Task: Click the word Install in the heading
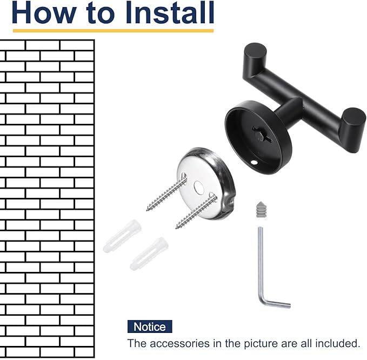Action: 170,12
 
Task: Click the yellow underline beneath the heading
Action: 113,31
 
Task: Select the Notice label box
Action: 150,326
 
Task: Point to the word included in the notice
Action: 337,343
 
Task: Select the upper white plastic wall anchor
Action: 122,236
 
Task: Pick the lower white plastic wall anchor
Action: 149,254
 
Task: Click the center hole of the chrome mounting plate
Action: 199,187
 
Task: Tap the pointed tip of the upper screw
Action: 148,210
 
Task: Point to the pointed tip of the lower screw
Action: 177,228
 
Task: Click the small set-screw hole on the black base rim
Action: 253,162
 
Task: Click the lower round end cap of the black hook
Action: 353,117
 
